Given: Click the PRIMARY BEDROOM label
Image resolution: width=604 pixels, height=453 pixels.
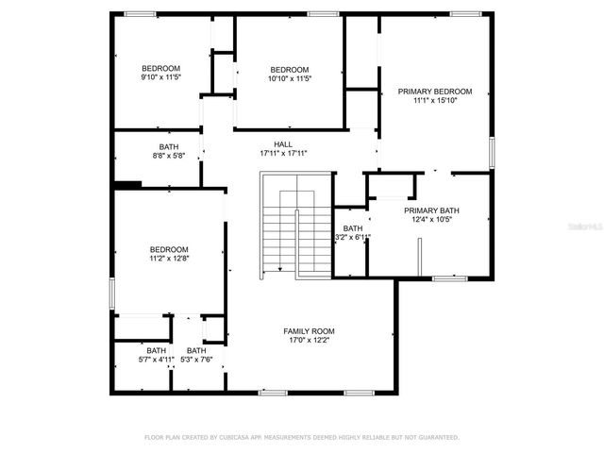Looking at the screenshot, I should point(434,92).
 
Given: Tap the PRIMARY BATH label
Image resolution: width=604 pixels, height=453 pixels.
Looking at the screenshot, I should point(430,210).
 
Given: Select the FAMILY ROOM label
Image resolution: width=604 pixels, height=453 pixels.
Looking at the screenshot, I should point(309,331).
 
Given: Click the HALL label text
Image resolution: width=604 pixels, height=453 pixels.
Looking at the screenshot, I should point(283,144).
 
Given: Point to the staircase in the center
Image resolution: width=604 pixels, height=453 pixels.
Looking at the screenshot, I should point(296,226).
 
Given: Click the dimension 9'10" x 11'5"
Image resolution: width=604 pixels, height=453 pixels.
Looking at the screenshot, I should point(160,77).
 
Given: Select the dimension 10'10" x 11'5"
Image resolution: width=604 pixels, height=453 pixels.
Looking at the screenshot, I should point(289,78).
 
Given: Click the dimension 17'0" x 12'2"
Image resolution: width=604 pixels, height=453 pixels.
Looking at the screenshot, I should point(309,341).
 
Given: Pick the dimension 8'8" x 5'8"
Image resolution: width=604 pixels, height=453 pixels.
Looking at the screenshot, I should point(169,156).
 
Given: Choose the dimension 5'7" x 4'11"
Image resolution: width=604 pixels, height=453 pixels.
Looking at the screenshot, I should point(156,360).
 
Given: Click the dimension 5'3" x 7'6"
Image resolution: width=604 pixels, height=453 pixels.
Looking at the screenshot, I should point(196,360).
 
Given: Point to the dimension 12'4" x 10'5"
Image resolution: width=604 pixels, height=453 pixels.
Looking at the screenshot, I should point(430,220).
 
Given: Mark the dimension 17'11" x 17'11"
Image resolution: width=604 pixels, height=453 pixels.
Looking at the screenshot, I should point(283,153).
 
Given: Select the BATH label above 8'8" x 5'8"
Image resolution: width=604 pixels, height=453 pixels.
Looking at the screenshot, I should point(169,147).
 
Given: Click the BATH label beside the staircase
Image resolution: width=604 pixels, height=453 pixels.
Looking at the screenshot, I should point(352,228).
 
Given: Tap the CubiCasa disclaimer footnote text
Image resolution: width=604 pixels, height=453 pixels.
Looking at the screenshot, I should point(301,437).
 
